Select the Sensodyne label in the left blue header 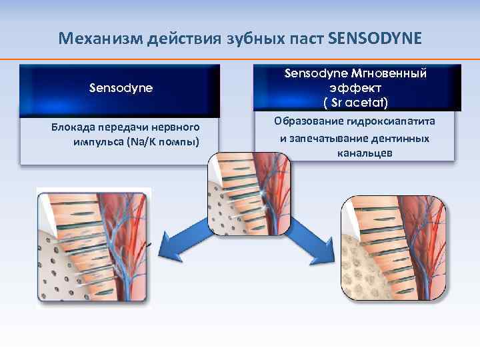(x=121, y=87)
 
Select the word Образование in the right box (x=305, y=121)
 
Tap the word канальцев (x=354, y=153)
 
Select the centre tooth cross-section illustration (x=249, y=193)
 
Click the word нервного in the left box (x=180, y=127)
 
